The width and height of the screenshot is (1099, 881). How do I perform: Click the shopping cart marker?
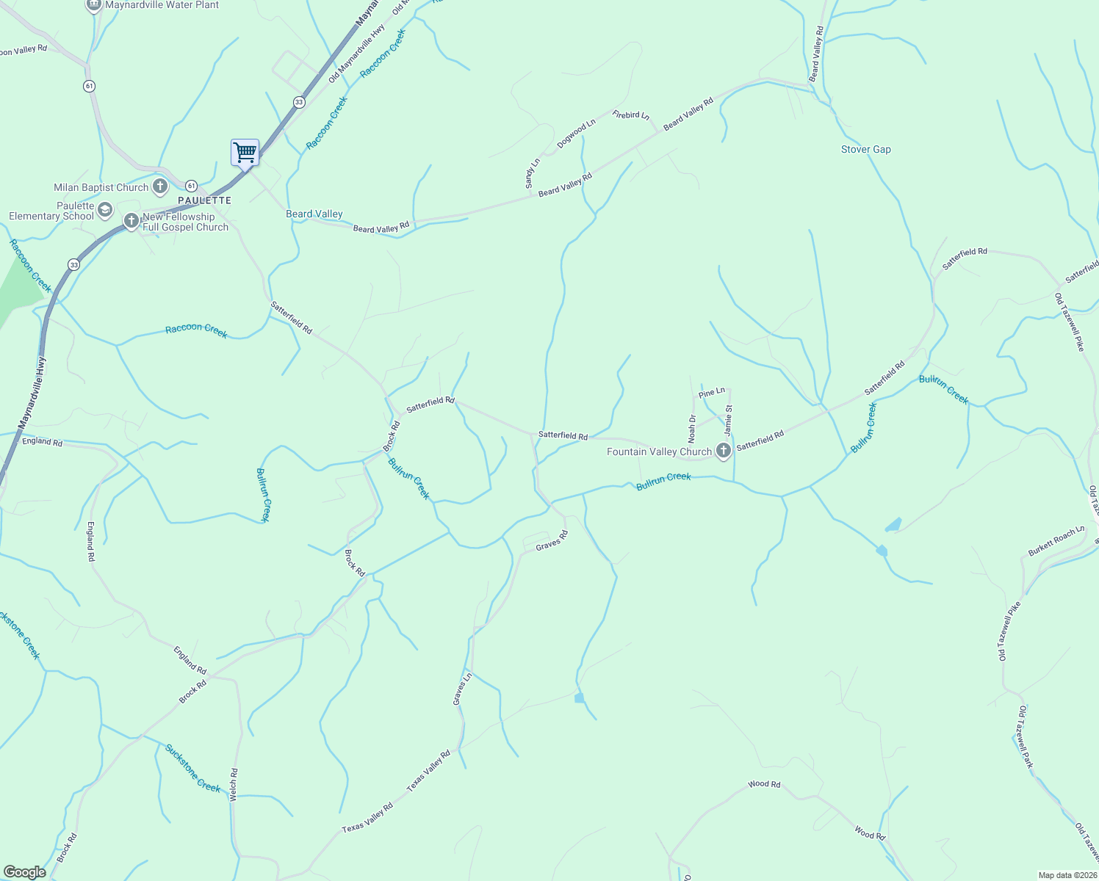[x=245, y=153]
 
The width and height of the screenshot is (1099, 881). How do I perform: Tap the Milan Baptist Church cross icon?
[x=160, y=187]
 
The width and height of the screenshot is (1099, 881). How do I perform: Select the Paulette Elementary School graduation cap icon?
[x=104, y=210]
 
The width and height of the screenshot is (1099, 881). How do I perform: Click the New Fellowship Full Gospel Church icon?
[x=131, y=220]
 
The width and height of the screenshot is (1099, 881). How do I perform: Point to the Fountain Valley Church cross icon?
[x=723, y=452]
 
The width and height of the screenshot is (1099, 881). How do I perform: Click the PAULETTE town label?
[x=204, y=200]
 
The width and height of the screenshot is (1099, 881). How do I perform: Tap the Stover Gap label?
[x=865, y=149]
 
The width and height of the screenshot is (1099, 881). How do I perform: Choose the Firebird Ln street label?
[x=631, y=115]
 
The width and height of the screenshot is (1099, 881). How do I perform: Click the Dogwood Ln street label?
[x=576, y=134]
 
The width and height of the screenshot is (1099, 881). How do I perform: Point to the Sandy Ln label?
[x=533, y=173]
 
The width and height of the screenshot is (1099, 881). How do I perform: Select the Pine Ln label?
[x=712, y=393]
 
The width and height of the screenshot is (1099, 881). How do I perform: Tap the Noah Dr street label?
[x=692, y=429]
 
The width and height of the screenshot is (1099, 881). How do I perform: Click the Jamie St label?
[x=729, y=418]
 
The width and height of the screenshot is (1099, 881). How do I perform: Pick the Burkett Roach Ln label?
[x=1056, y=541]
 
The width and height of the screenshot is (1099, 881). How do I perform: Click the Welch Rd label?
[x=234, y=784]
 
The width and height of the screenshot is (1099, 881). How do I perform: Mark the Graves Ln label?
[x=462, y=689]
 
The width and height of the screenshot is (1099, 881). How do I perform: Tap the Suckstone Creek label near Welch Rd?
[x=192, y=768]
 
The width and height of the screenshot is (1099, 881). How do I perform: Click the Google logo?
[x=24, y=872]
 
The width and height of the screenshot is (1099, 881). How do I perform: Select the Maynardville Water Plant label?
[x=162, y=5]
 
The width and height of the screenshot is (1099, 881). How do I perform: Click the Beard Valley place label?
[x=314, y=214]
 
